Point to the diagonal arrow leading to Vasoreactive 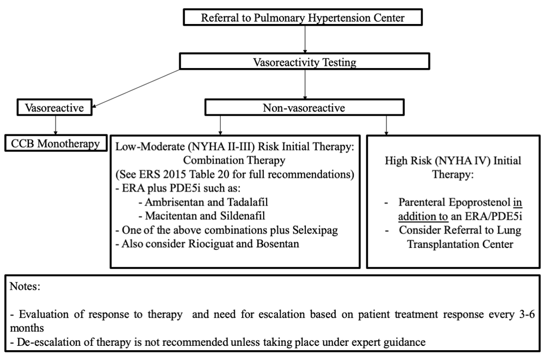(x=136, y=88)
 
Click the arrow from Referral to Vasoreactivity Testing (x=305, y=39)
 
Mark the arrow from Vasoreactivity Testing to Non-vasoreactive (x=305, y=84)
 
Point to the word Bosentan (x=277, y=244)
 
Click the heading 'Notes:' (x=25, y=286)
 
